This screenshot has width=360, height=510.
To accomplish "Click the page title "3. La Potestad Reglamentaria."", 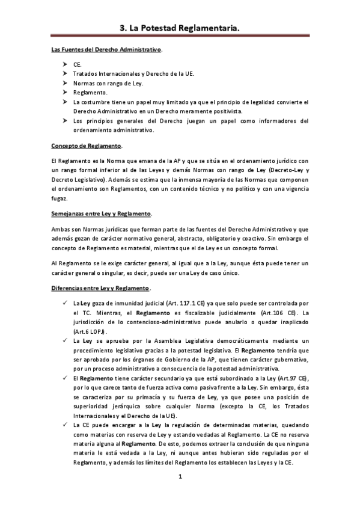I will click(x=180, y=27).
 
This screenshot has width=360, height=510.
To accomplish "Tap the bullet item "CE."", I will click(x=78, y=63).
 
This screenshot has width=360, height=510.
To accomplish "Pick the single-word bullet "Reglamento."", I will click(x=91, y=92).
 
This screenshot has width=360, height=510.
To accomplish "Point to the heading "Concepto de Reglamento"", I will click(x=87, y=146).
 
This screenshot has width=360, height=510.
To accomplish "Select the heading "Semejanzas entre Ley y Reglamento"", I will click(x=101, y=214).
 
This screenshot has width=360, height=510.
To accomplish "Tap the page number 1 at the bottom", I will click(x=180, y=477).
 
